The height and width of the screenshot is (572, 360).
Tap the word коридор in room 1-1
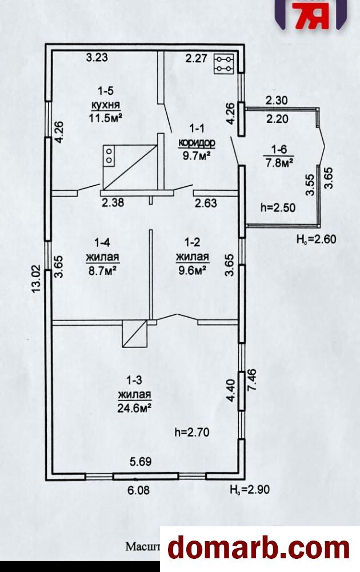point(196,143)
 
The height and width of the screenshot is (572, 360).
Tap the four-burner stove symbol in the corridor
point(223,64)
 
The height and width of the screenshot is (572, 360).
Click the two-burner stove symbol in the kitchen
point(109,155)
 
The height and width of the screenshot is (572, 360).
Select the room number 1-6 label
point(279,150)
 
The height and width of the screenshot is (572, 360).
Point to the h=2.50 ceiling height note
point(278,207)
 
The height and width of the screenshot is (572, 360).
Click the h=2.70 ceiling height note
point(191,433)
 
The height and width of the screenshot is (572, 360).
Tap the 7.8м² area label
point(279,163)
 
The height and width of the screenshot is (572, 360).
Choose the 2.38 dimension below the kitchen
point(113,202)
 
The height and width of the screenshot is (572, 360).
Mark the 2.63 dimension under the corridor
point(206,202)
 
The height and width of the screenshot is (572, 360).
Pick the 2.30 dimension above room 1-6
point(277,100)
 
